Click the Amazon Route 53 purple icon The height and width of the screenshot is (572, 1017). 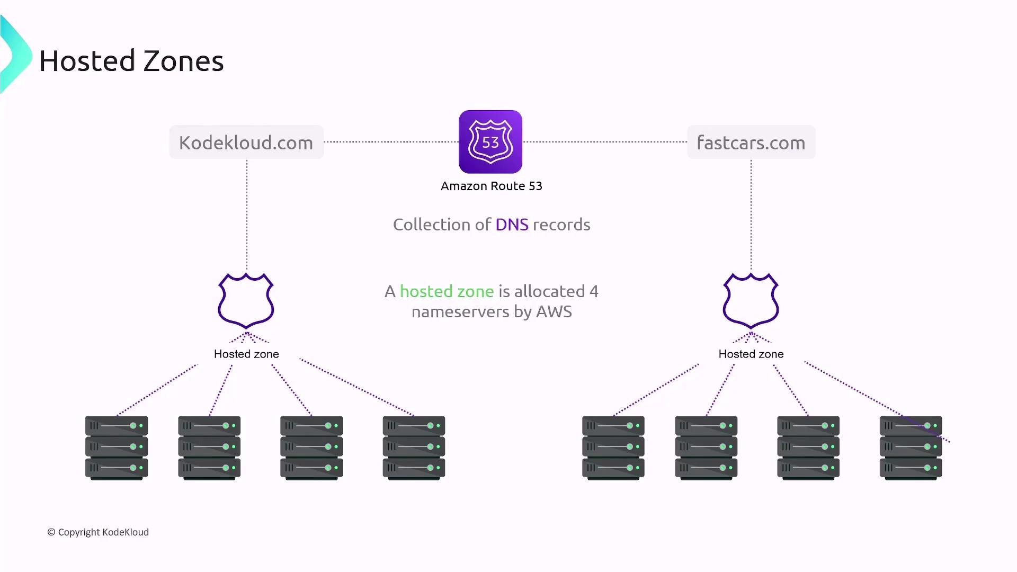pyautogui.click(x=490, y=142)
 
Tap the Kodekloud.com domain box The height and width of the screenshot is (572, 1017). pyautogui.click(x=246, y=142)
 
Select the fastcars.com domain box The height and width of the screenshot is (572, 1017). pyautogui.click(x=751, y=142)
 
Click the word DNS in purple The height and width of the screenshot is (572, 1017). pyautogui.click(x=512, y=225)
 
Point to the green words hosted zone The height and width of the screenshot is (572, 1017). pyautogui.click(x=447, y=291)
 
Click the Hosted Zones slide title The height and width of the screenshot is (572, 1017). pyautogui.click(x=131, y=61)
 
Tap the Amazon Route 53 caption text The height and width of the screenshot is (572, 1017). pyautogui.click(x=491, y=186)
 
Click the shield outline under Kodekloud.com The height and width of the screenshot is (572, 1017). pyautogui.click(x=246, y=301)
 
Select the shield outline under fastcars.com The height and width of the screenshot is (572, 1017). pyautogui.click(x=751, y=301)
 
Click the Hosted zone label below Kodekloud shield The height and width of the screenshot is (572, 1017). pyautogui.click(x=246, y=354)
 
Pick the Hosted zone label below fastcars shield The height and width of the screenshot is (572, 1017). pyautogui.click(x=751, y=354)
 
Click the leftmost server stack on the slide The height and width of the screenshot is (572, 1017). pyautogui.click(x=117, y=448)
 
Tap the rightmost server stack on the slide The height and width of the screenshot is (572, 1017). pyautogui.click(x=911, y=448)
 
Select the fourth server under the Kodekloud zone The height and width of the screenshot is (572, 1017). pyautogui.click(x=414, y=448)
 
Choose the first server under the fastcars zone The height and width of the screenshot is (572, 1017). pyautogui.click(x=613, y=448)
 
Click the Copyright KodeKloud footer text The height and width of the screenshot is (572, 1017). pyautogui.click(x=98, y=532)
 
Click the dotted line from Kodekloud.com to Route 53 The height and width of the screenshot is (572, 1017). pyautogui.click(x=391, y=142)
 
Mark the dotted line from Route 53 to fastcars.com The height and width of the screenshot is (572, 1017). pyautogui.click(x=604, y=142)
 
